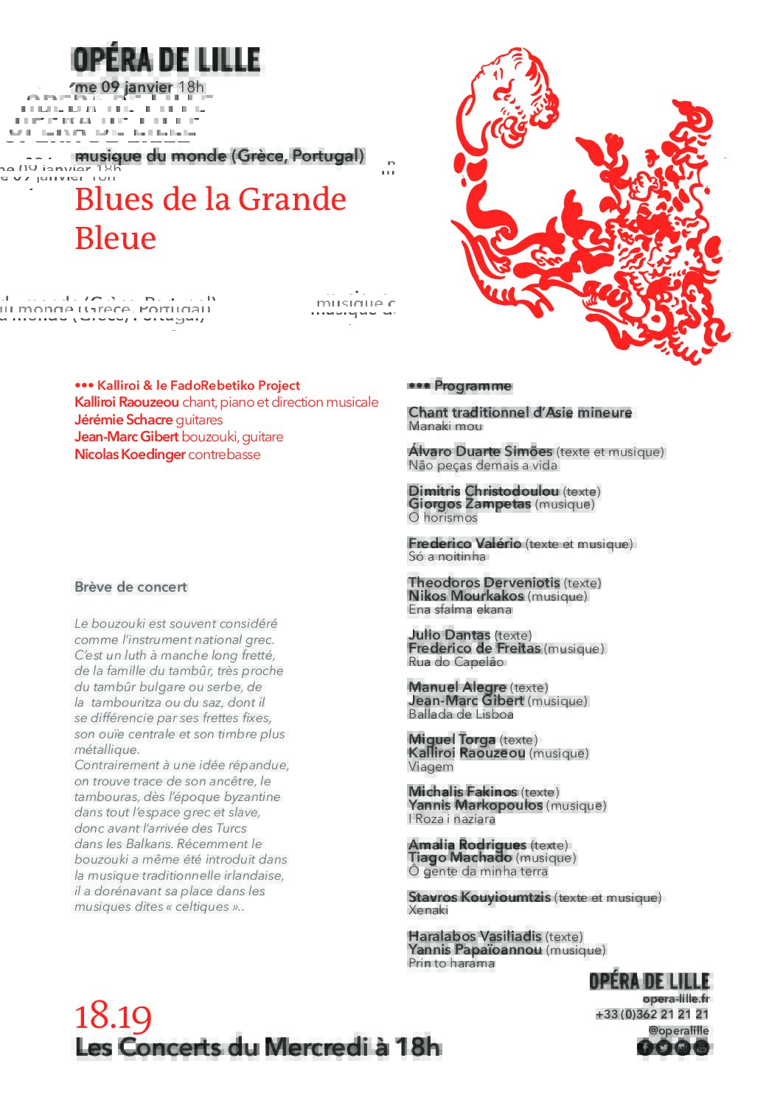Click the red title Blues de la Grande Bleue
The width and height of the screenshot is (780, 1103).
(x=210, y=219)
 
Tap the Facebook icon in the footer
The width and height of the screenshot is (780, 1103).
(x=645, y=1047)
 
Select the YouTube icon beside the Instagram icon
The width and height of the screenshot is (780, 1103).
(x=701, y=1047)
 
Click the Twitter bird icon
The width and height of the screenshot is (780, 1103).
(x=664, y=1047)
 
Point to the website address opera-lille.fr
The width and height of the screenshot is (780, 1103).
(x=675, y=999)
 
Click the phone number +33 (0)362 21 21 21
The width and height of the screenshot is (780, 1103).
(x=652, y=1015)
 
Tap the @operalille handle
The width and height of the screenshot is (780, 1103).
(x=678, y=1031)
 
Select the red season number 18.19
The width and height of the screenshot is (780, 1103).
(x=113, y=1017)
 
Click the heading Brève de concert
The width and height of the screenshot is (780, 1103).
(x=130, y=587)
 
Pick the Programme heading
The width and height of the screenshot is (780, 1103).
(x=472, y=385)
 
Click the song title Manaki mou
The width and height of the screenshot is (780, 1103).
(x=445, y=426)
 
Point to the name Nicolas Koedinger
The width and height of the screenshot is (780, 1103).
(x=130, y=455)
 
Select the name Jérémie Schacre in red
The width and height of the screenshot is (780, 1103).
(x=123, y=420)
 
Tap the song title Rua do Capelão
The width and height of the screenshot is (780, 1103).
(x=456, y=662)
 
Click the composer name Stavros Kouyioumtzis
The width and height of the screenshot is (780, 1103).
(x=479, y=897)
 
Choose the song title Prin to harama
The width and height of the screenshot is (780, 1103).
(x=451, y=963)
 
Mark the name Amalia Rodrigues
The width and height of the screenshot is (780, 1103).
(x=467, y=844)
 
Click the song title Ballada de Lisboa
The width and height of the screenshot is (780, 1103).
(x=461, y=714)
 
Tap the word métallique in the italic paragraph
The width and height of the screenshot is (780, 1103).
(x=106, y=750)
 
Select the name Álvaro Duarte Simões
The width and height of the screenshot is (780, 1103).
(x=480, y=451)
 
